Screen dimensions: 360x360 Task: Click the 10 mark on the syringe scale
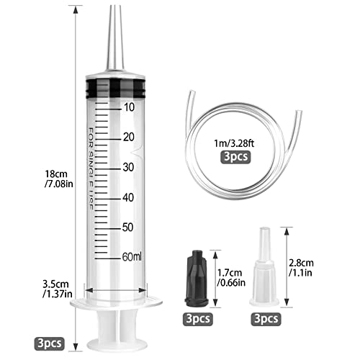129,107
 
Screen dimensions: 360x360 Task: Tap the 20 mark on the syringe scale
129,137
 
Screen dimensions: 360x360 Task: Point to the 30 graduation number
129,167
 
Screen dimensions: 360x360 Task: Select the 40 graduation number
129,197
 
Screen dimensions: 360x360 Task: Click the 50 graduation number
129,228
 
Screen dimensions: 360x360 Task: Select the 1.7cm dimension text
229,277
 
